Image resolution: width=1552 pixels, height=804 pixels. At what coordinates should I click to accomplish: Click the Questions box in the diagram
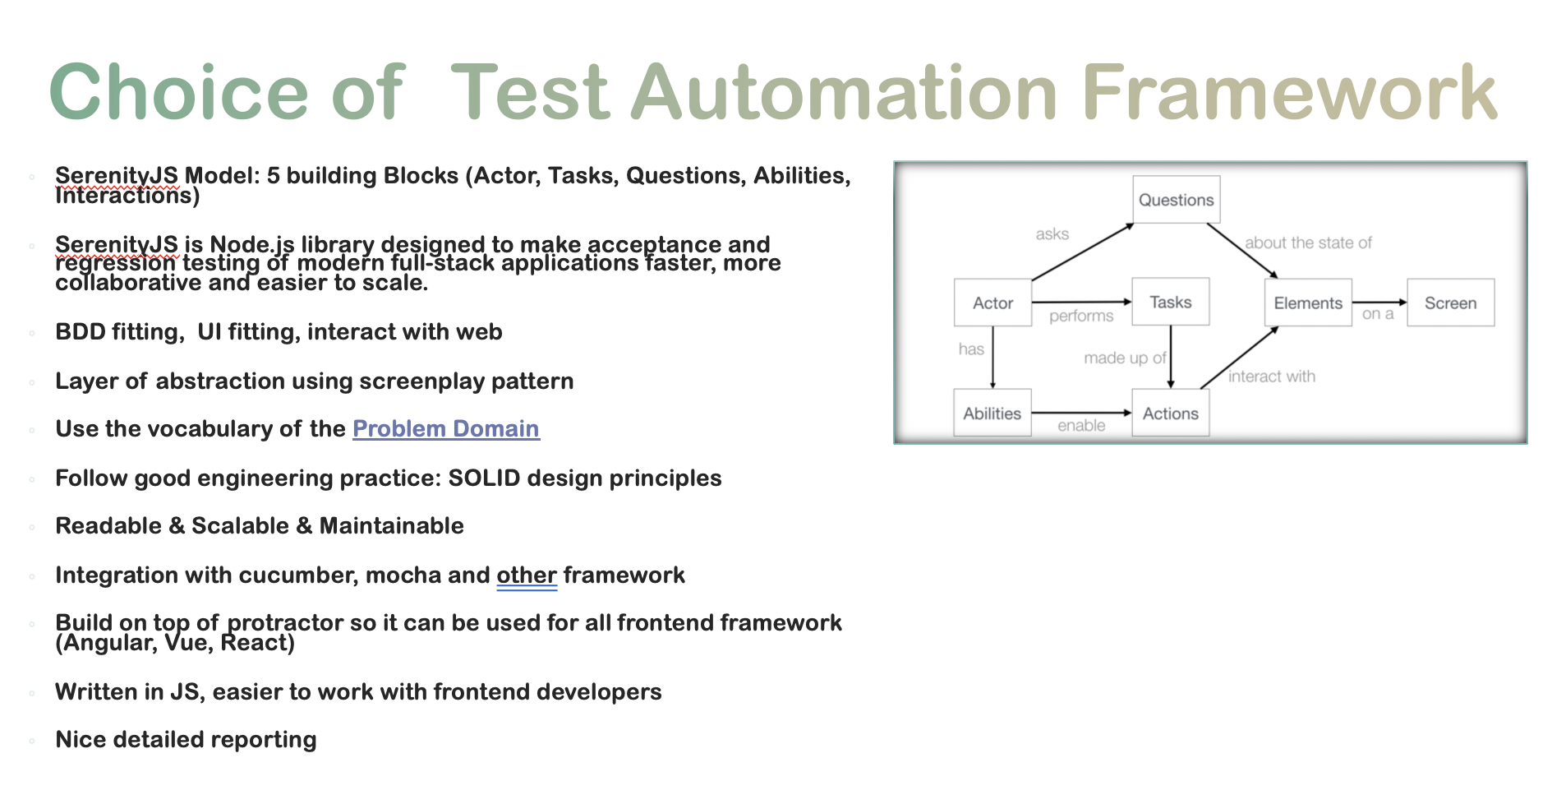pyautogui.click(x=1176, y=200)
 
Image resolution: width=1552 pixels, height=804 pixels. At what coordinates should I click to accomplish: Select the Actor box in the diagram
pyautogui.click(x=992, y=303)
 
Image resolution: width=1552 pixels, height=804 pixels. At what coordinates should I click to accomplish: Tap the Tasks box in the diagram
pyautogui.click(x=1170, y=303)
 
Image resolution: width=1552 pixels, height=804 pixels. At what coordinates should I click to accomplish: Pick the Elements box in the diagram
pyautogui.click(x=1307, y=303)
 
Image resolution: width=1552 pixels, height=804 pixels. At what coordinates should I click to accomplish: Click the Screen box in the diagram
pyautogui.click(x=1450, y=303)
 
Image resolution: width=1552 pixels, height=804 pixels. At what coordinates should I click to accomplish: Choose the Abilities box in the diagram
pyautogui.click(x=992, y=414)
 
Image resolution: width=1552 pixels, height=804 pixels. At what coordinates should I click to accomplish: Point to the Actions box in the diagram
pyautogui.click(x=1170, y=414)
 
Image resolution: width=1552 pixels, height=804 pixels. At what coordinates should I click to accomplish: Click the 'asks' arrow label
pyautogui.click(x=1052, y=234)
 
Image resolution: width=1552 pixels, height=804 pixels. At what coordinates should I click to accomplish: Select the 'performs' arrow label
pyautogui.click(x=1081, y=317)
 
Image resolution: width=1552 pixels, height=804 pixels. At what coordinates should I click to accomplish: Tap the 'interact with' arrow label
pyautogui.click(x=1271, y=377)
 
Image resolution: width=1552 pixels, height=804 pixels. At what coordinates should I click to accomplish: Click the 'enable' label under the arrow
pyautogui.click(x=1081, y=426)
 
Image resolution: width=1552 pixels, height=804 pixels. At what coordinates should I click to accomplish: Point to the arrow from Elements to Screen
pyautogui.click(x=1379, y=303)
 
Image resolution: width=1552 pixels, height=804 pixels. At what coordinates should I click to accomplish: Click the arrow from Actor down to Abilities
pyautogui.click(x=992, y=357)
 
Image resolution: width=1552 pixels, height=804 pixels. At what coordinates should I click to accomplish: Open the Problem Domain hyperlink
pyautogui.click(x=445, y=429)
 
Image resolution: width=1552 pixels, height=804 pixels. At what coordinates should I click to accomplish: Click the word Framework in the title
pyautogui.click(x=1290, y=93)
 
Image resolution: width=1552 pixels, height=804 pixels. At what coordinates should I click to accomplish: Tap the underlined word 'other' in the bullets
pyautogui.click(x=526, y=575)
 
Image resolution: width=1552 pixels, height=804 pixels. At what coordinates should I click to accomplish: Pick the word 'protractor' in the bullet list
pyautogui.click(x=285, y=623)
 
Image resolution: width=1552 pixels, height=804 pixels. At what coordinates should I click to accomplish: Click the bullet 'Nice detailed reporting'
pyautogui.click(x=186, y=740)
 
